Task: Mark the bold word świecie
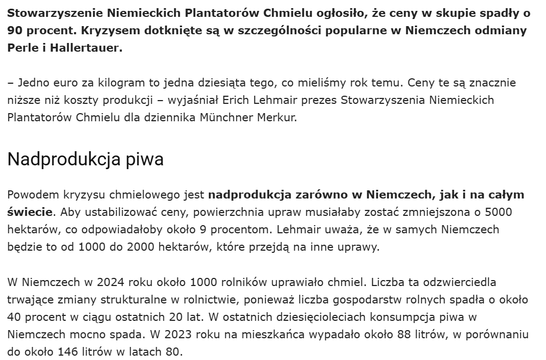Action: click(x=30, y=211)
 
